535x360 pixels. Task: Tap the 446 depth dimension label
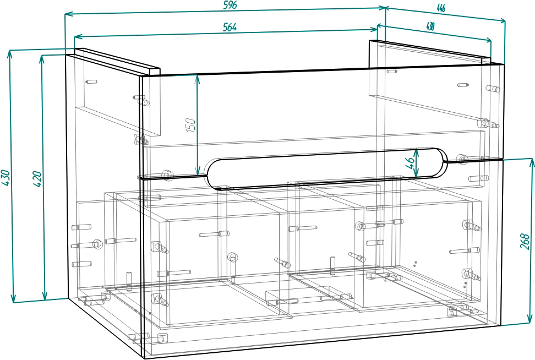click(x=440, y=8)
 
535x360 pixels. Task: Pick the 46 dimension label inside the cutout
click(x=409, y=162)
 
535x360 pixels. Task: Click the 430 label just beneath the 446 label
click(x=430, y=26)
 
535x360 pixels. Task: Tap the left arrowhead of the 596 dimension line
click(x=68, y=14)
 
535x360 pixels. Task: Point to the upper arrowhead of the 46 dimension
click(x=417, y=151)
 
